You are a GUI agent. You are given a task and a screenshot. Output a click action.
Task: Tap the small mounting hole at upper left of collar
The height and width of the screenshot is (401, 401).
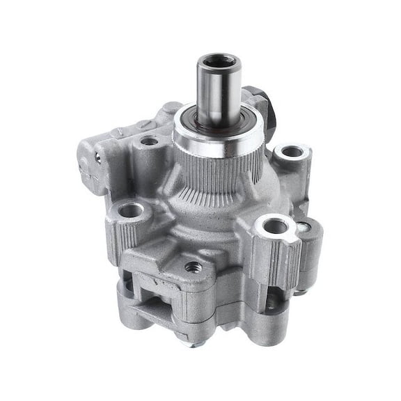(148, 141)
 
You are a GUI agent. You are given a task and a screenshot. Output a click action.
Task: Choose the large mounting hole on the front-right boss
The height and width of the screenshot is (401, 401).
(276, 226)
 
